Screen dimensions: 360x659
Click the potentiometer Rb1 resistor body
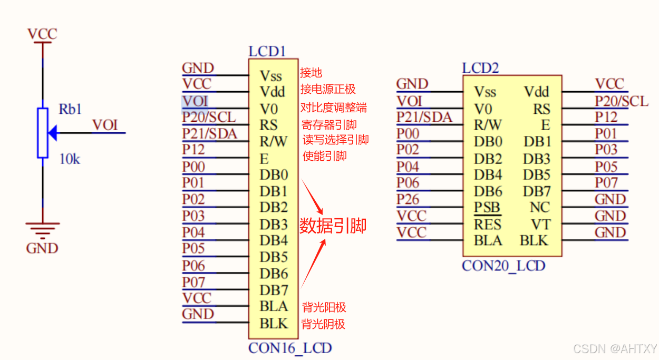coord(43,133)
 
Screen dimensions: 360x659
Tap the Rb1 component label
coord(70,110)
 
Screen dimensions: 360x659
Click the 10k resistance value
coord(69,159)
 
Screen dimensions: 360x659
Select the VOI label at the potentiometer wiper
coord(105,125)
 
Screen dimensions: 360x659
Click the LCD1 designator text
coord(267,51)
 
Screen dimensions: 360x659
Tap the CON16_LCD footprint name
coord(290,348)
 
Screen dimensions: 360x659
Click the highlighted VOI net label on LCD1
coord(195,101)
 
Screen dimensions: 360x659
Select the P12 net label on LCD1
coord(193,150)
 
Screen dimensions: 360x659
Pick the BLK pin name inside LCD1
coord(274,323)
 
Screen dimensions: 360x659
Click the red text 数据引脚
coord(333,226)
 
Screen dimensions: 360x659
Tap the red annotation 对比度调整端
coord(333,108)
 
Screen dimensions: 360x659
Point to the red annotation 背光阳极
coord(324,307)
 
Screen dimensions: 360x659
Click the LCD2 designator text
coord(480,68)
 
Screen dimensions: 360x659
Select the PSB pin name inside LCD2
coord(487,208)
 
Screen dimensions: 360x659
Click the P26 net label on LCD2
coord(408,199)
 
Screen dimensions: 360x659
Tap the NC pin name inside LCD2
coord(539,208)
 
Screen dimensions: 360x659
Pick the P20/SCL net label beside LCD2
coord(621,101)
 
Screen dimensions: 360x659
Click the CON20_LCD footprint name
coord(503,266)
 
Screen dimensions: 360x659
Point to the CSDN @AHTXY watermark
coord(615,349)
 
